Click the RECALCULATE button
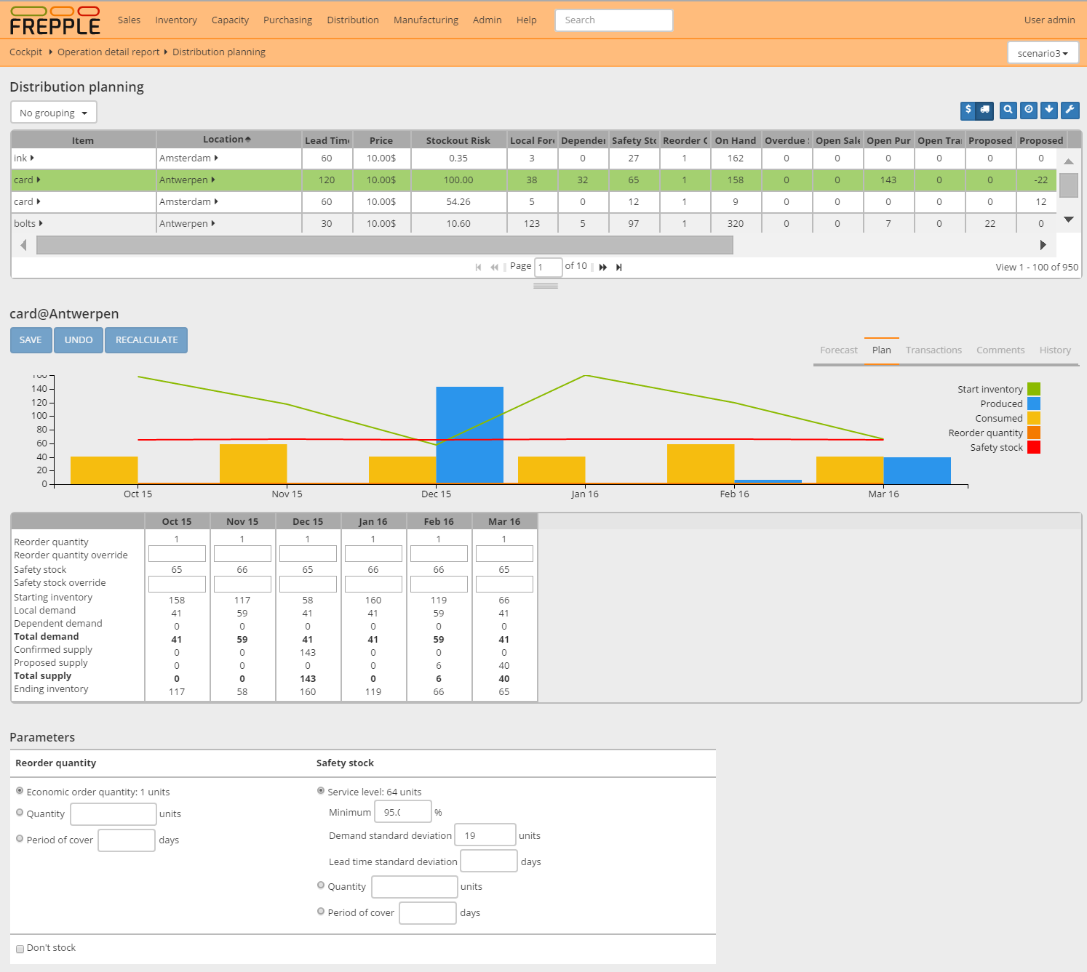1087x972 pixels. tap(146, 340)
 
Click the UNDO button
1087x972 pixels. tap(79, 340)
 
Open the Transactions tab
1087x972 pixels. tap(933, 350)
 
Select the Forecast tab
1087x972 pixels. tap(838, 350)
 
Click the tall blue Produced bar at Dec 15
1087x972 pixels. tap(469, 434)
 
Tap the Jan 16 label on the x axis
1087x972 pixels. tap(584, 494)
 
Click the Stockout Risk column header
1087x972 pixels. tap(458, 140)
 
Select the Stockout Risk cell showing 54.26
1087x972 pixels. tap(458, 202)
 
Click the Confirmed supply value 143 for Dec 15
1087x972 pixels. tap(308, 653)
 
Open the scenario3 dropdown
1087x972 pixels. tap(1042, 53)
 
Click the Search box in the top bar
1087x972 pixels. tap(613, 20)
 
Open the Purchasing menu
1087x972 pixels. tap(287, 20)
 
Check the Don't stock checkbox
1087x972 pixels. tap(20, 949)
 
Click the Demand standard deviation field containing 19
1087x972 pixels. tap(485, 835)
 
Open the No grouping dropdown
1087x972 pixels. tap(53, 113)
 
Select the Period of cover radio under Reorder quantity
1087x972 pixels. tap(20, 839)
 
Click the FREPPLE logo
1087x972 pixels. tap(55, 21)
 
